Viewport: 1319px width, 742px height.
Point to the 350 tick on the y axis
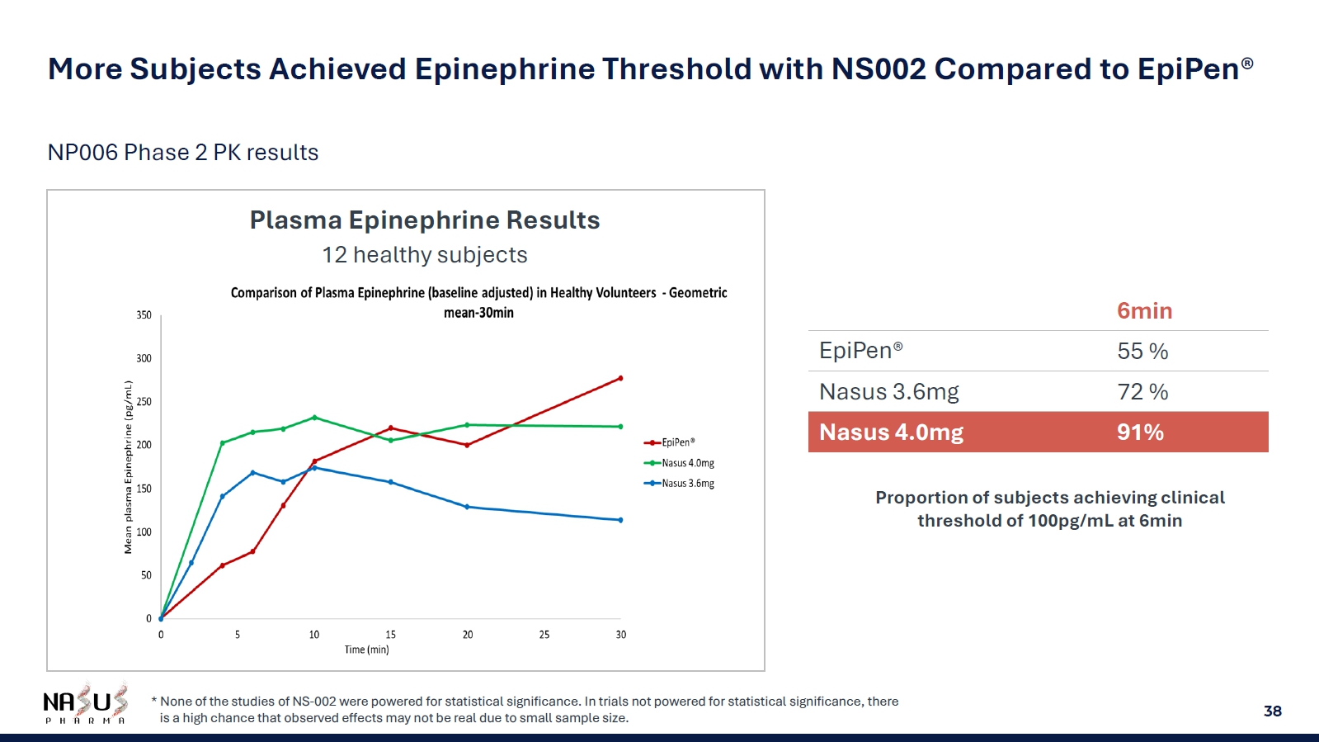(144, 315)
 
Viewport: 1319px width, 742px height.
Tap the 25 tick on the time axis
(544, 635)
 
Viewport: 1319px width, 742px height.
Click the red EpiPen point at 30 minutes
(620, 378)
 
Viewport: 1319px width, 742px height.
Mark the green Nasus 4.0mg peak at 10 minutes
(314, 418)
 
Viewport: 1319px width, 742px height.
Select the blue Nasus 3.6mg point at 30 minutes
(620, 520)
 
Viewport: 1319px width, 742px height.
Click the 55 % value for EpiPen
(1142, 352)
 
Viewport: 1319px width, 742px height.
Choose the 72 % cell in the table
(1142, 392)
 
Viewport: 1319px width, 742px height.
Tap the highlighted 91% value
(1140, 432)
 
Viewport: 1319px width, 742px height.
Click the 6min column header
(1144, 311)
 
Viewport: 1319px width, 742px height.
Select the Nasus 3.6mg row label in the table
(888, 392)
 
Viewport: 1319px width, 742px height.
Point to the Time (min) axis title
(366, 650)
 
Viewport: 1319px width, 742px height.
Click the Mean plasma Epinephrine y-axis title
(128, 467)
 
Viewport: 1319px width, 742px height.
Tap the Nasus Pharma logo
(85, 704)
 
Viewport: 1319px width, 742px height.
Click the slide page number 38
(1272, 711)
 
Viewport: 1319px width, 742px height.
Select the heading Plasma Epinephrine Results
(425, 220)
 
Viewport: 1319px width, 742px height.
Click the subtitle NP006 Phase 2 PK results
(183, 153)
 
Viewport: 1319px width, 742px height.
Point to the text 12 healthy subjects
(425, 255)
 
